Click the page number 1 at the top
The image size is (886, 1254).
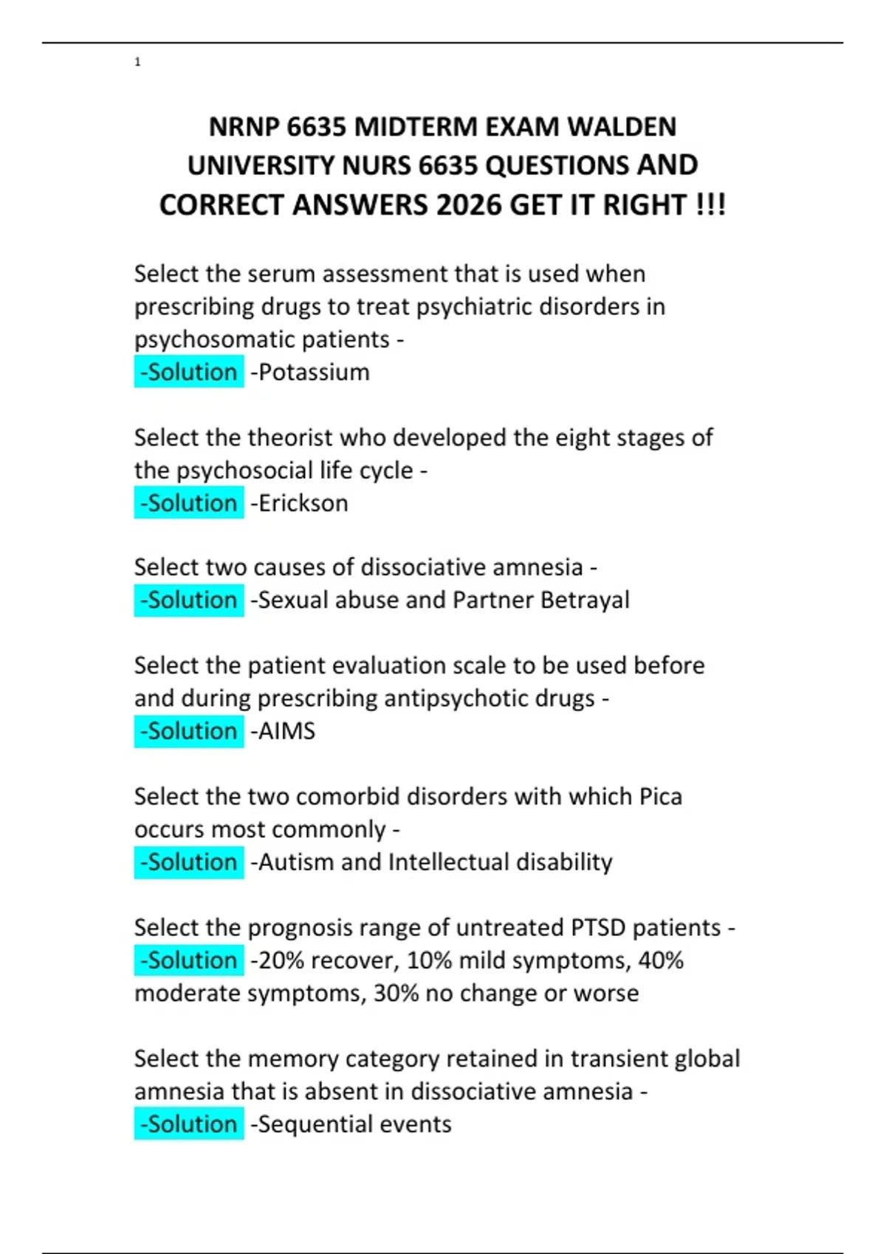pyautogui.click(x=137, y=62)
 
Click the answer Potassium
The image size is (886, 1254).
pyautogui.click(x=313, y=372)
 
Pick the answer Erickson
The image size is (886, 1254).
pyautogui.click(x=303, y=503)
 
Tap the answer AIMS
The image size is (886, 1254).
pyautogui.click(x=286, y=731)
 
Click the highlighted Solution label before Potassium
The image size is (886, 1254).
pyautogui.click(x=189, y=372)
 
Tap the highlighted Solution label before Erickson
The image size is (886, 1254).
pyautogui.click(x=189, y=503)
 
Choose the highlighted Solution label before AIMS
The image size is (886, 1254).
pyautogui.click(x=189, y=731)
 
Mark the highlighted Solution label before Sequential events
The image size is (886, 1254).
pyautogui.click(x=189, y=1124)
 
